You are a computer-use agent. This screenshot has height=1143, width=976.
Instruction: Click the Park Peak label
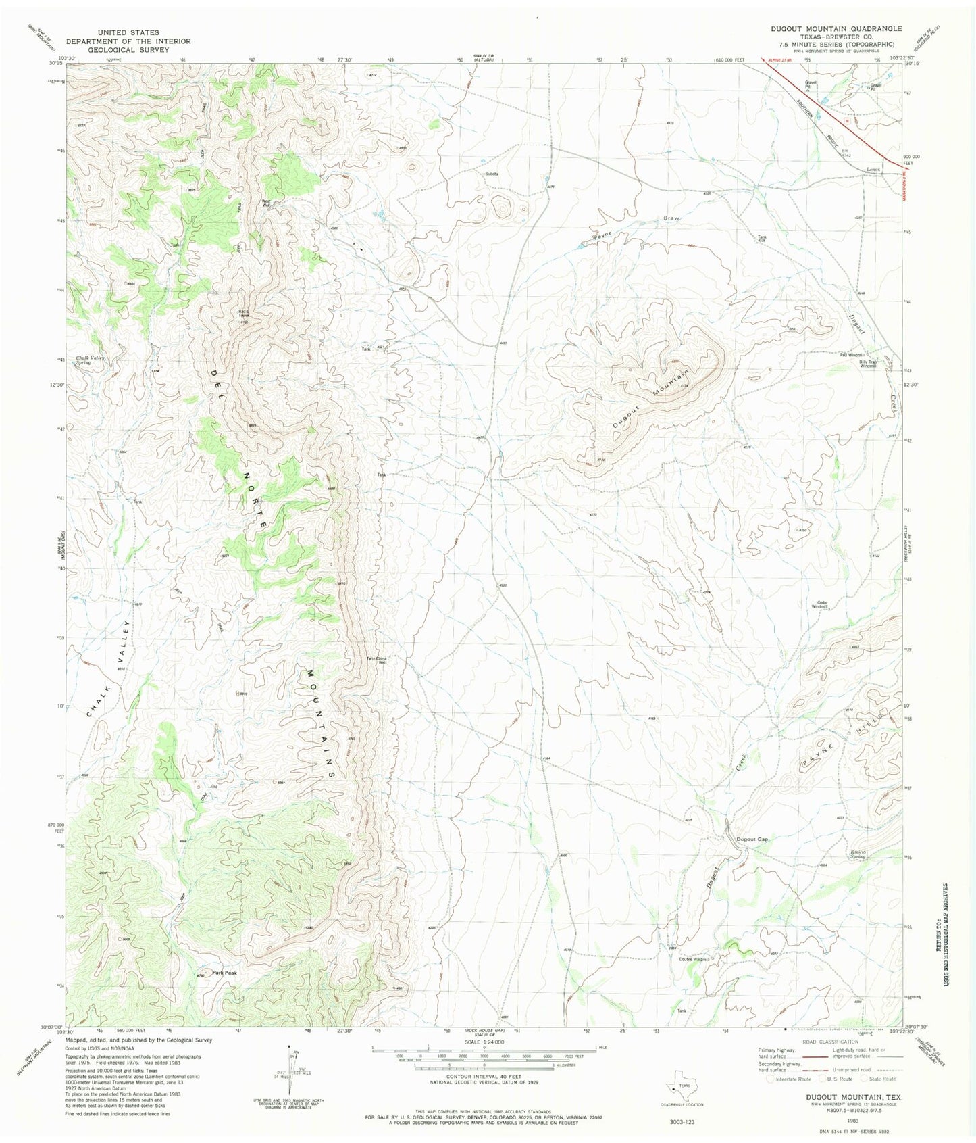coord(225,973)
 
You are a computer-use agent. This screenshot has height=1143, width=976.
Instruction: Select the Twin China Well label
coord(377,661)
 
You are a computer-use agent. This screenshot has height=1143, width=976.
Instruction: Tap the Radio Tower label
coord(244,313)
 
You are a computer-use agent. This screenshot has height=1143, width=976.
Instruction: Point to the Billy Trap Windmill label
coord(868,363)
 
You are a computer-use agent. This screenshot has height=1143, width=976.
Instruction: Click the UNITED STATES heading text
coord(128,32)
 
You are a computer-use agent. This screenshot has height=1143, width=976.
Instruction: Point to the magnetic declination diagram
coord(292,1075)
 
